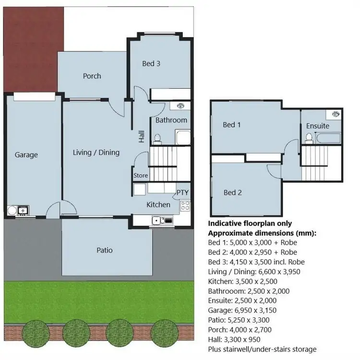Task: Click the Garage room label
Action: [x=26, y=155]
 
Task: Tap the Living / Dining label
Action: [x=96, y=153]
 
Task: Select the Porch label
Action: [x=92, y=76]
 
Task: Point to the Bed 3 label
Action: [x=151, y=63]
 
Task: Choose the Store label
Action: [x=141, y=176]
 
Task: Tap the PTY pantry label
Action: [x=182, y=192]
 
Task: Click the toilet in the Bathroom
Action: [x=157, y=138]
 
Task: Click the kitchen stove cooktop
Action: [x=185, y=206]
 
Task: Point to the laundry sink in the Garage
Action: [x=22, y=210]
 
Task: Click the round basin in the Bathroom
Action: [x=180, y=106]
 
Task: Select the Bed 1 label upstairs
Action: [x=232, y=125]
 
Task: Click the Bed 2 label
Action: [x=232, y=192]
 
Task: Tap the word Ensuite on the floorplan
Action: [x=318, y=126]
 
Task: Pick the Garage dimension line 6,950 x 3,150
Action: [x=243, y=310]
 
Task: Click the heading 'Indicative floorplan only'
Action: [x=250, y=223]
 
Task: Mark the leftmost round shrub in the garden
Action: [x=34, y=331]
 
